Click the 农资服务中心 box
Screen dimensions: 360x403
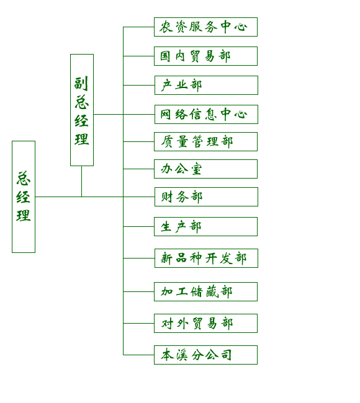pyautogui.click(x=205, y=27)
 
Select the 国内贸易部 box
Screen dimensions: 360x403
pyautogui.click(x=205, y=56)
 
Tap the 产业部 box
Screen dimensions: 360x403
pyautogui.click(x=206, y=85)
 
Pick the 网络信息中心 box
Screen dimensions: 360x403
pyautogui.click(x=206, y=114)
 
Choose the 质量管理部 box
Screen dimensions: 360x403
pyautogui.click(x=205, y=141)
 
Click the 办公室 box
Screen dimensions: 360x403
pyautogui.click(x=205, y=169)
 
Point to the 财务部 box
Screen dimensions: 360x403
pyautogui.click(x=206, y=197)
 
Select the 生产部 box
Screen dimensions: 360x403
pyautogui.click(x=205, y=226)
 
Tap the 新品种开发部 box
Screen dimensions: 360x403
pyautogui.click(x=206, y=258)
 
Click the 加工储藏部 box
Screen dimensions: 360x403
pyautogui.click(x=205, y=292)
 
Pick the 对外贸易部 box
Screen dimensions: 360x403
pyautogui.click(x=205, y=323)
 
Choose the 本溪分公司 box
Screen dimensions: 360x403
pyautogui.click(x=205, y=355)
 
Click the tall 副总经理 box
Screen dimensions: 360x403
pyautogui.click(x=82, y=110)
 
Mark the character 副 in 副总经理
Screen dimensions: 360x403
pyautogui.click(x=81, y=83)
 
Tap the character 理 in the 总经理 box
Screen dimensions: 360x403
pyautogui.click(x=24, y=215)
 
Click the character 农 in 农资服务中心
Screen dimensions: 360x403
pyautogui.click(x=166, y=27)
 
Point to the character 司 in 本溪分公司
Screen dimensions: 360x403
pyautogui.click(x=226, y=355)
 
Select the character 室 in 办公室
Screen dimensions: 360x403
pyautogui.click(x=196, y=169)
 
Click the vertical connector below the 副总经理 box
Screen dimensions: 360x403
pyautogui.click(x=81, y=182)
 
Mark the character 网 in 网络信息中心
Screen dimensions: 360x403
pyautogui.click(x=166, y=114)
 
